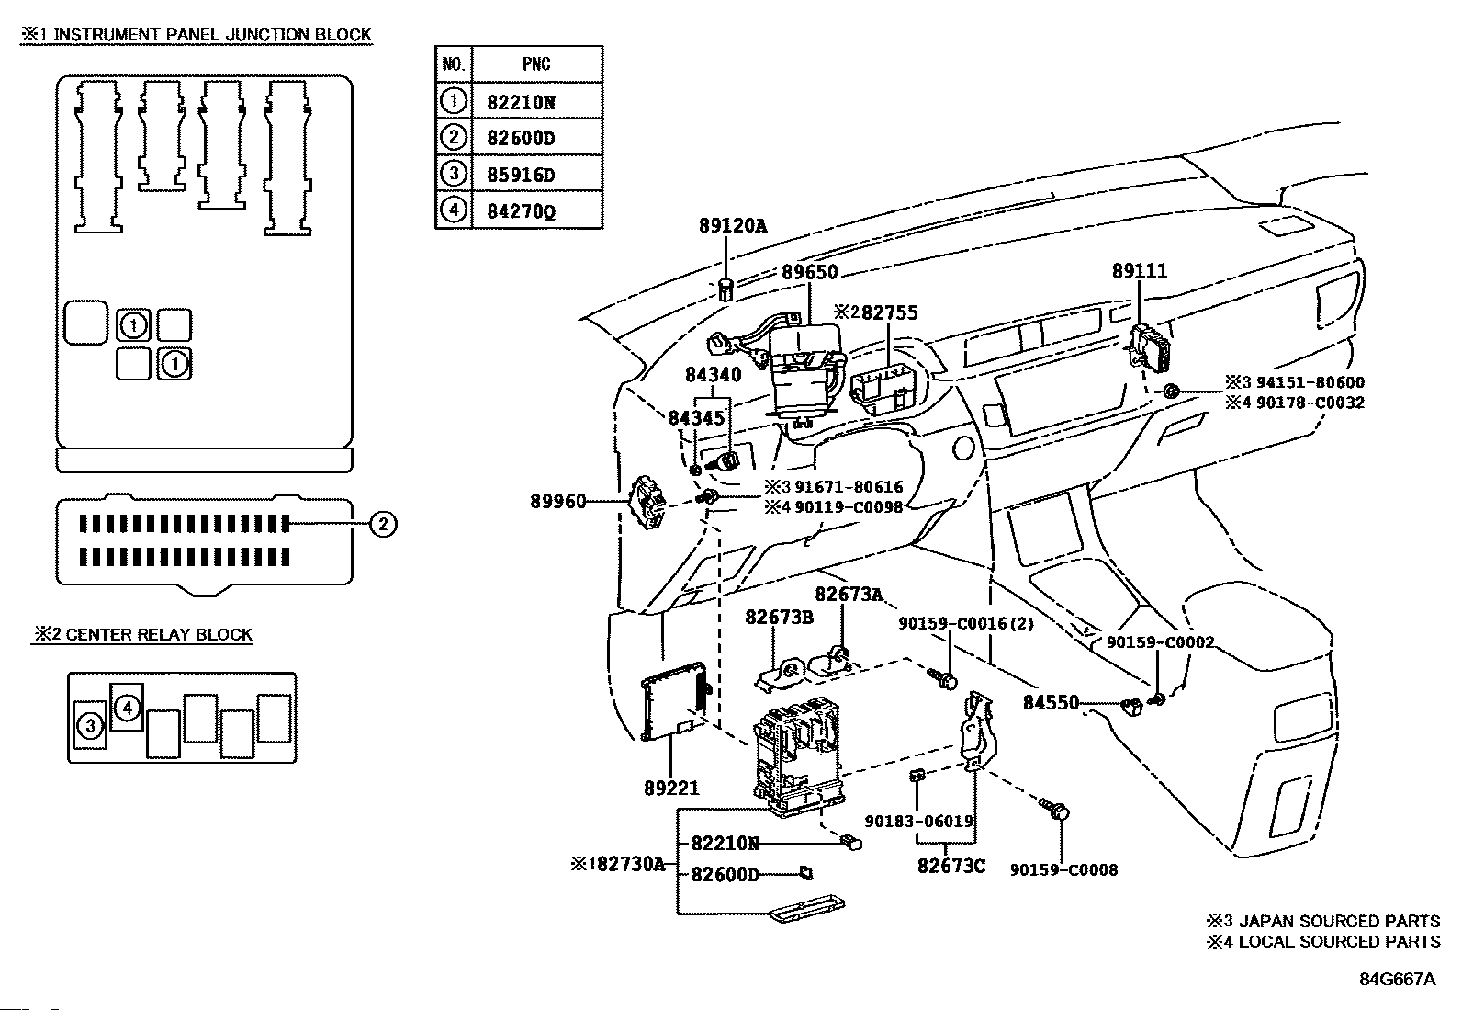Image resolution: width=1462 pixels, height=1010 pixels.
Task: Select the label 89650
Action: (810, 273)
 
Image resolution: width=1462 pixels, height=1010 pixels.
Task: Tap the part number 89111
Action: (1139, 271)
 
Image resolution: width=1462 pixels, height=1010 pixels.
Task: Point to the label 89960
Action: (557, 502)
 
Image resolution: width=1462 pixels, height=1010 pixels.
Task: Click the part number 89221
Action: (671, 788)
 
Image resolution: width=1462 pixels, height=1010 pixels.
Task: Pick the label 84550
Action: (1051, 703)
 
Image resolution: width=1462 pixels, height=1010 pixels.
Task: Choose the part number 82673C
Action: (950, 866)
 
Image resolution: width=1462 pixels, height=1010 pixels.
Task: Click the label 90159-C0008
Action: (1063, 869)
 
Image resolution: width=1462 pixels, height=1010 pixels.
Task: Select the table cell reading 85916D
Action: (521, 175)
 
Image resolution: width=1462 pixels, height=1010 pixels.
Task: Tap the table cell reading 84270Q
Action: (521, 212)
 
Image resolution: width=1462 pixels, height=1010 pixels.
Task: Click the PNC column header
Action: (536, 63)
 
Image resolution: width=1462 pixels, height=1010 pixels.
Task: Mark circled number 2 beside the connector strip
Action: (383, 525)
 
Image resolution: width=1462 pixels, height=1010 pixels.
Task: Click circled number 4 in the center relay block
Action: (128, 708)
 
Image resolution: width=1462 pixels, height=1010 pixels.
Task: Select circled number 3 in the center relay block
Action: (90, 727)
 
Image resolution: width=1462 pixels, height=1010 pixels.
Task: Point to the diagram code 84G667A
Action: (1397, 979)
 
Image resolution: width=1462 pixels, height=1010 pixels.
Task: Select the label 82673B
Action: (779, 617)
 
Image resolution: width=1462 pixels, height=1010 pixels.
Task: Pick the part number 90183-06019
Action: (918, 822)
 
